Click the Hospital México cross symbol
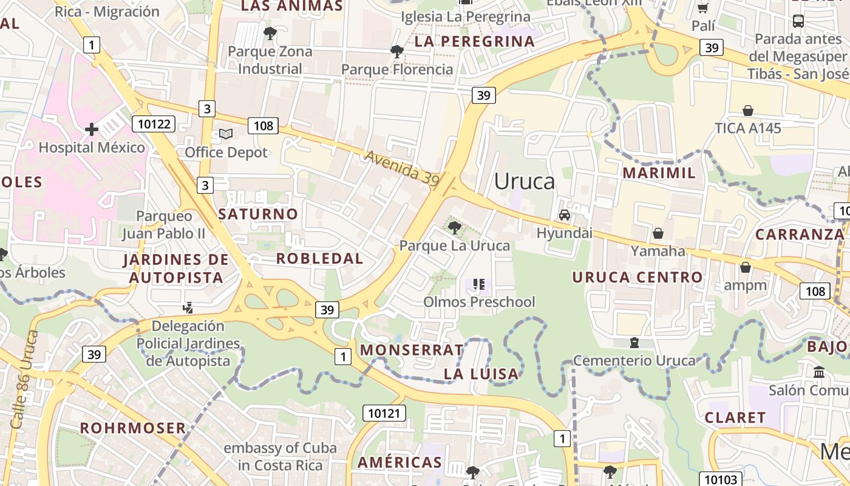pos(92,129)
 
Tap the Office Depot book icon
pos(226,134)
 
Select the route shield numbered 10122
pos(154,125)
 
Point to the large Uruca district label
pos(524,181)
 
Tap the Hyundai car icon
pos(565,215)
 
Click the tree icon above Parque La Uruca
pos(454,228)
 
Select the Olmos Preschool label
pos(479,302)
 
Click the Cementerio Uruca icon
pos(634,343)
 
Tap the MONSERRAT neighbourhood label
pos(412,350)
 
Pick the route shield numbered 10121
pos(384,414)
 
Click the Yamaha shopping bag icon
pos(658,233)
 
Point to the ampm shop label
pos(745,285)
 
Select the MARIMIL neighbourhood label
pos(659,173)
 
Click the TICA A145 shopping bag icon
pos(748,111)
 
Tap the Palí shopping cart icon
pos(703,8)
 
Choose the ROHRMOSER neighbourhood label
pos(133,428)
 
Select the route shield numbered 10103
pos(721,479)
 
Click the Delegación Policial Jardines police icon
pos(188,308)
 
